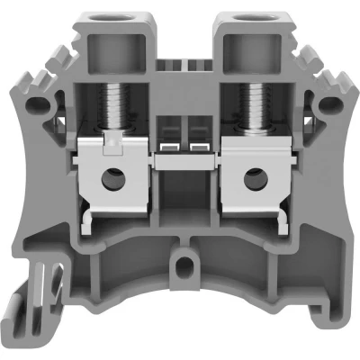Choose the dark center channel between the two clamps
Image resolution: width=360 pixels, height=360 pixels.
tap(180, 193)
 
